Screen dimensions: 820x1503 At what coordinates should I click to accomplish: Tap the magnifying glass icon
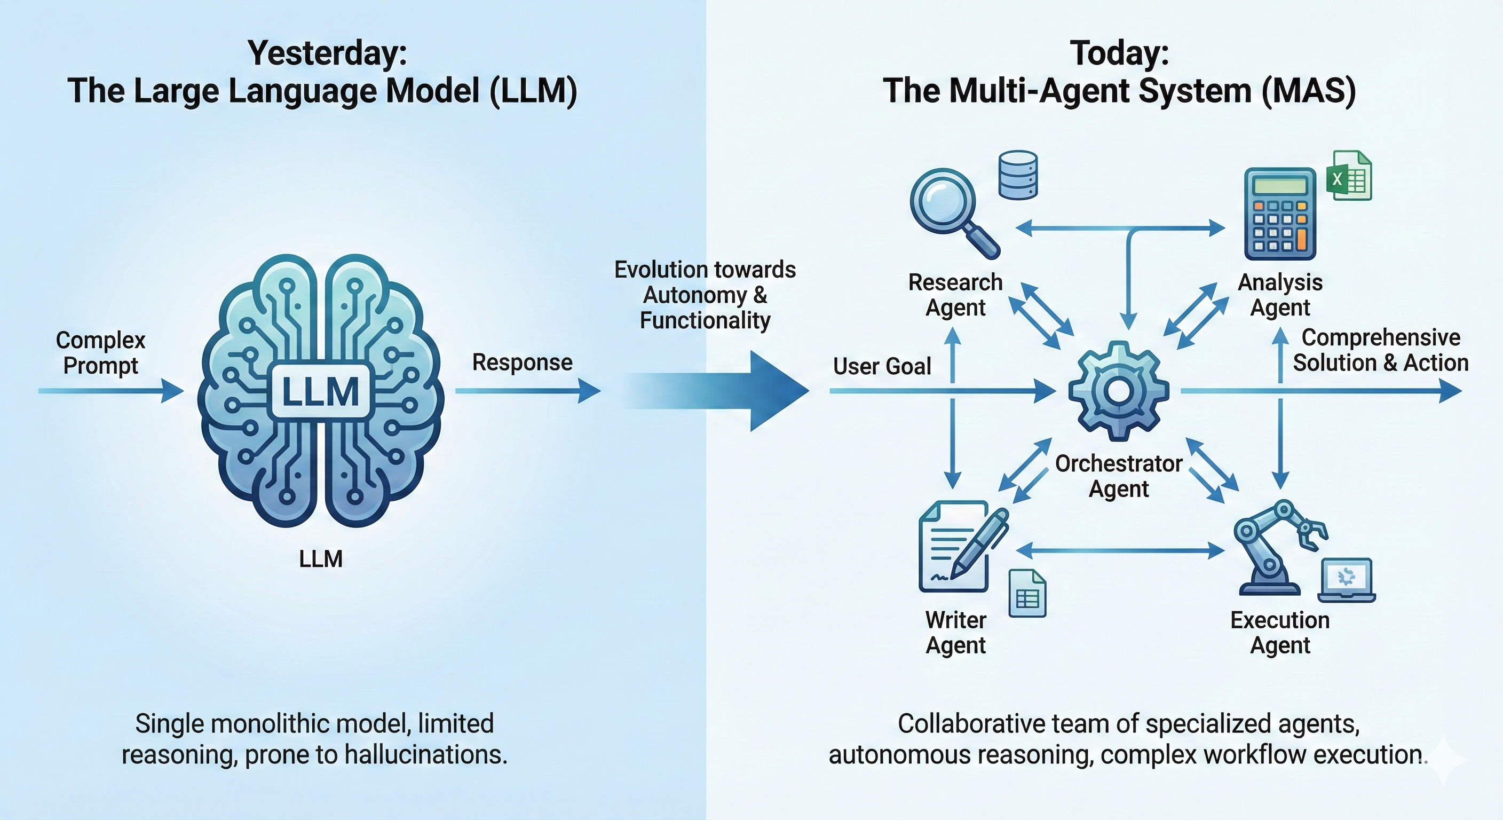948,207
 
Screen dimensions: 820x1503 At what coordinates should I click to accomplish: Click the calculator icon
1279,214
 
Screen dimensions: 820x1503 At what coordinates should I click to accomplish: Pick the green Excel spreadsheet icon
1349,176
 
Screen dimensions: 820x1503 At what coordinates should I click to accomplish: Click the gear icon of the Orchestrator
1119,390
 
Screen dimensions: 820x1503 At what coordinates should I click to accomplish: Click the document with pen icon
960,547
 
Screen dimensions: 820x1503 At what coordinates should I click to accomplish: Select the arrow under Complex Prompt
111,390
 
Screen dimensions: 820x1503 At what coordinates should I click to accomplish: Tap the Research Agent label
955,295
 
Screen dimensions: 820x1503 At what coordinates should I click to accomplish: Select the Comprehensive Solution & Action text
1380,350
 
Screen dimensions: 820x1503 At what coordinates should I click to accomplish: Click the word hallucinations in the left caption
425,755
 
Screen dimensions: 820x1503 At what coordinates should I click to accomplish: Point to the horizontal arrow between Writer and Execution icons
1120,550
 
